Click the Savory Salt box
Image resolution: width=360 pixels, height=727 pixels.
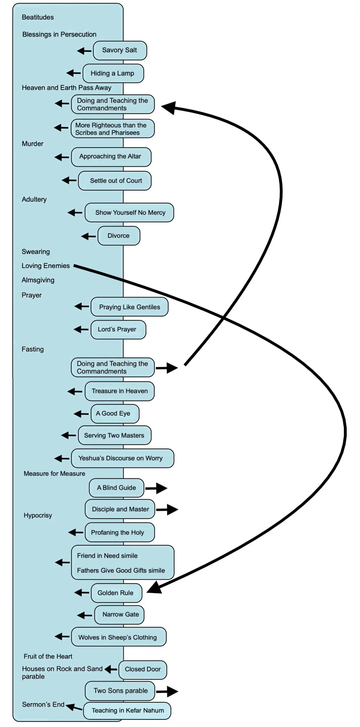(x=120, y=50)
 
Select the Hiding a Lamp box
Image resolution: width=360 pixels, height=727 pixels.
(x=113, y=73)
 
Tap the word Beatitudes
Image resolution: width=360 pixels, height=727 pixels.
(x=38, y=17)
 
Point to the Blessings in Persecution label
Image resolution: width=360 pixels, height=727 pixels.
(x=59, y=34)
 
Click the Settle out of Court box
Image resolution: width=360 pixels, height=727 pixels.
(x=115, y=181)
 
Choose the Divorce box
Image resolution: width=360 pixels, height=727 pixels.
(x=119, y=236)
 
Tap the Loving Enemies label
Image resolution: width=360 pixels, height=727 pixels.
(x=46, y=266)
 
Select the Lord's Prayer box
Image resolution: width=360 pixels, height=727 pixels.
(x=118, y=329)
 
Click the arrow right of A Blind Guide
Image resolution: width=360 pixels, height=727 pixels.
(x=156, y=488)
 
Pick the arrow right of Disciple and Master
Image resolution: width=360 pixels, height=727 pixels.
(x=167, y=509)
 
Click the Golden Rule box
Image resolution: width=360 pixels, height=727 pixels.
(x=116, y=593)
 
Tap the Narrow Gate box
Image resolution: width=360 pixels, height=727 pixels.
(x=119, y=615)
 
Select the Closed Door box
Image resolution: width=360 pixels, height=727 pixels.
(x=143, y=669)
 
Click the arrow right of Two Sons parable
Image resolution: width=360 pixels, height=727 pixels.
(x=167, y=692)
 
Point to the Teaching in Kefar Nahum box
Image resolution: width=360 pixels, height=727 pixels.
(x=127, y=710)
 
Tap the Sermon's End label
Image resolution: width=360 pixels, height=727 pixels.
(x=43, y=705)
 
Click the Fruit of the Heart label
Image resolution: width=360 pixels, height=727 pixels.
(x=48, y=656)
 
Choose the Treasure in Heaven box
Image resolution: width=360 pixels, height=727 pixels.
(x=120, y=391)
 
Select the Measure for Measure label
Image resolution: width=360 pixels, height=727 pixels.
(x=55, y=474)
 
